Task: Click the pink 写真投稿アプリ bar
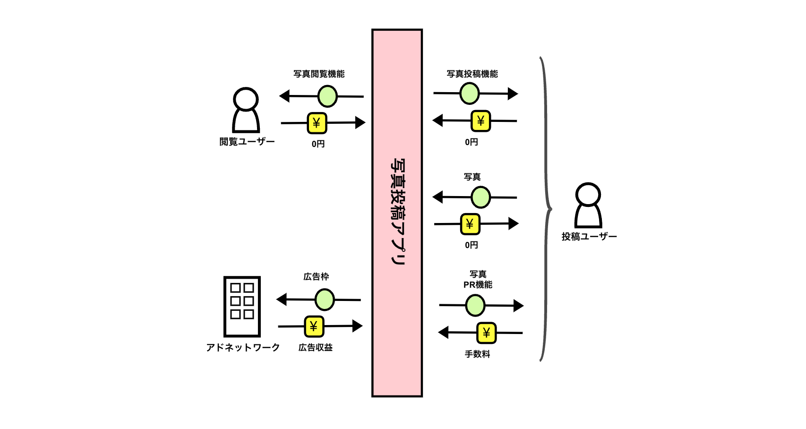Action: (397, 213)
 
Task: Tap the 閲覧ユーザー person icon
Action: (246, 110)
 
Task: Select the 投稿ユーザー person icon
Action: (588, 206)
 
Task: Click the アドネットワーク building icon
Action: (242, 307)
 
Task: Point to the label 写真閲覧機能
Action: (319, 74)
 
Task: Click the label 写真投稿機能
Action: (472, 74)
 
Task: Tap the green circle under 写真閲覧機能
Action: (327, 96)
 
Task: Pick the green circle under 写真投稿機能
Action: (470, 93)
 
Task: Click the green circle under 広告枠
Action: (325, 300)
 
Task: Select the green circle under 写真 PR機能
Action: (475, 305)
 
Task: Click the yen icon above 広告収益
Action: (314, 326)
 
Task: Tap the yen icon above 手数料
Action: (487, 333)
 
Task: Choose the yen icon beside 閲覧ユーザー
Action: (317, 123)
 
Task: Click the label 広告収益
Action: (316, 347)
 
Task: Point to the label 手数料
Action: (478, 354)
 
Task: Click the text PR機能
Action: (478, 285)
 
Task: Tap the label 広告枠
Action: (316, 276)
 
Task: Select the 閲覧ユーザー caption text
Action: (247, 142)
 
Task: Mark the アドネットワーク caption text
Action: (243, 347)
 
